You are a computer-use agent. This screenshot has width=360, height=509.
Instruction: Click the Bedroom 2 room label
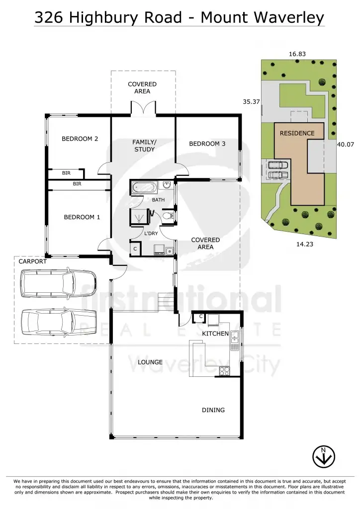point(80,139)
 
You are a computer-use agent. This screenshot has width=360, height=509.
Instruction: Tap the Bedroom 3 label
point(207,144)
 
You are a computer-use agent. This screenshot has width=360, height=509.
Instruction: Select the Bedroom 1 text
point(82,217)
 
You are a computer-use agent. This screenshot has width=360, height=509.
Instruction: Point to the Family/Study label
point(144,146)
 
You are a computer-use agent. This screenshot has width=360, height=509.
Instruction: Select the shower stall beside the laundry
point(139,216)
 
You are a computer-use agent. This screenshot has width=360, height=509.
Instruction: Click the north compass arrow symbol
point(323,456)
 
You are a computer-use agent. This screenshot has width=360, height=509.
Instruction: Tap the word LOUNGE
point(150,362)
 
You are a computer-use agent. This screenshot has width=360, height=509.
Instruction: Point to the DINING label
point(213,410)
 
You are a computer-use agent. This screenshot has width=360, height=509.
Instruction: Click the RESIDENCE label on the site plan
point(297,133)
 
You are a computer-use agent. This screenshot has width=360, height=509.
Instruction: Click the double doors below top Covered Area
point(143,108)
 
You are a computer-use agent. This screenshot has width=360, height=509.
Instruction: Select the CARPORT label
point(32,261)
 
